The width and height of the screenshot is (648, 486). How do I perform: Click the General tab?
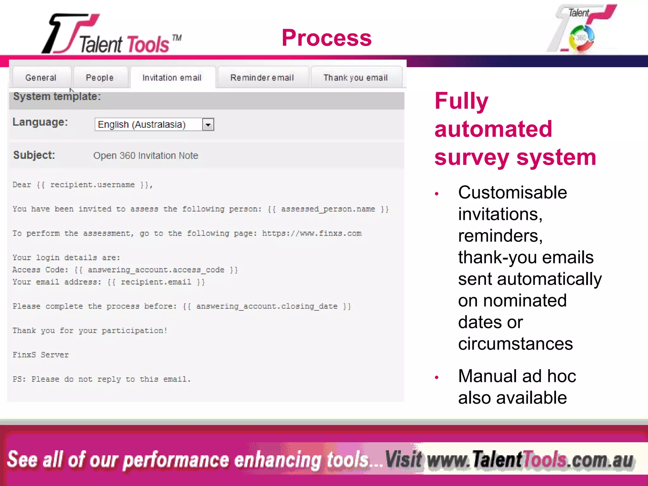point(41,78)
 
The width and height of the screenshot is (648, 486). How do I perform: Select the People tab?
point(100,78)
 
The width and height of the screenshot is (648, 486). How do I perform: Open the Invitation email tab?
point(172,78)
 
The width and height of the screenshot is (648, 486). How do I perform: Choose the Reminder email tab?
point(262,78)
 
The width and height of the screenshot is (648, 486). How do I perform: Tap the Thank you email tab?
point(355,78)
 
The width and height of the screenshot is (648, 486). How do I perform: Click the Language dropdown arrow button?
point(208,125)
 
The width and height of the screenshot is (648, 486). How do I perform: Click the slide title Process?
point(327,38)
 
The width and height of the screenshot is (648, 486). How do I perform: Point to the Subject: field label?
point(34,155)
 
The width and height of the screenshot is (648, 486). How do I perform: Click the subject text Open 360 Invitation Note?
point(146,156)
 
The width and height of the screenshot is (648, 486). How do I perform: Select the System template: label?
point(57,97)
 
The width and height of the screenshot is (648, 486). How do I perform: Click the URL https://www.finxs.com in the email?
point(312,234)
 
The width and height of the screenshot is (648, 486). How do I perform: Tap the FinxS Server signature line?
point(40,355)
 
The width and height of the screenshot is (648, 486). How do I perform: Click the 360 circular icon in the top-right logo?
point(581,38)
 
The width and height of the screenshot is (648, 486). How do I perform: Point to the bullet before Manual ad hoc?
point(437,377)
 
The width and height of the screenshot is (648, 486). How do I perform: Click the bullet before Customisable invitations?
point(437,194)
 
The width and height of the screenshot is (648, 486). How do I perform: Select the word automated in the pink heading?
point(493,129)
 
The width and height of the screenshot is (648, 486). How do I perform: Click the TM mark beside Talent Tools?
point(177,38)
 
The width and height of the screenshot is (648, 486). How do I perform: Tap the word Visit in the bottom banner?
point(403,459)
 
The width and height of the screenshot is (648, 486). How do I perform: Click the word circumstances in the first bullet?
point(515,344)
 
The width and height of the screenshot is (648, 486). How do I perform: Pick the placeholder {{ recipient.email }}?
point(156,282)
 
